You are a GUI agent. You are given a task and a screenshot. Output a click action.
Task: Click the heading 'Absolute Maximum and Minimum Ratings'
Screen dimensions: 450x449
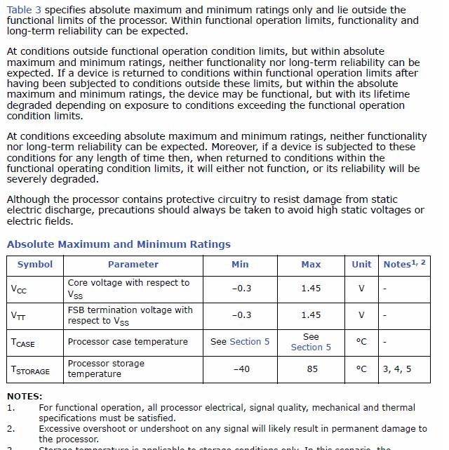click(119, 244)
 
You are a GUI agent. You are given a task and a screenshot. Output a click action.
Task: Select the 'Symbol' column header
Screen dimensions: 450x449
click(35, 265)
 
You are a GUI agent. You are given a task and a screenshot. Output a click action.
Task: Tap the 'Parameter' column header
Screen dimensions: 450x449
click(133, 265)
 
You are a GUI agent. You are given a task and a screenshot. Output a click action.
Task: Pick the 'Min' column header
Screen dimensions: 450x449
click(240, 265)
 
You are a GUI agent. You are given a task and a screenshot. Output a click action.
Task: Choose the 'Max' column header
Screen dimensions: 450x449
click(311, 265)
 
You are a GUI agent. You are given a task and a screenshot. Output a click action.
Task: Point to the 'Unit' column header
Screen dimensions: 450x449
click(361, 265)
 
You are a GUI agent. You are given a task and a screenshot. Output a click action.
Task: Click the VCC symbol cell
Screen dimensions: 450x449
click(19, 289)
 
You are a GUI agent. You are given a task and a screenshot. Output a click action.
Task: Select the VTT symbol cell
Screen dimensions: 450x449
click(19, 316)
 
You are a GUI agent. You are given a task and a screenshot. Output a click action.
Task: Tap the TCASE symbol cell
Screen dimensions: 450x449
click(23, 343)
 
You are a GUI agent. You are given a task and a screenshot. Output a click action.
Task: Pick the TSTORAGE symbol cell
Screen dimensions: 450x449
click(30, 370)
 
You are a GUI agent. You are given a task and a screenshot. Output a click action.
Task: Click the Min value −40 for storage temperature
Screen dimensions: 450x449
click(240, 369)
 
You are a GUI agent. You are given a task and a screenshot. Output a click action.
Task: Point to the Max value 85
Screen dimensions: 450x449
click(311, 369)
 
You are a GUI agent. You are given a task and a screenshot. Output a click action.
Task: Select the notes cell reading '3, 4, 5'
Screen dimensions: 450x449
click(397, 369)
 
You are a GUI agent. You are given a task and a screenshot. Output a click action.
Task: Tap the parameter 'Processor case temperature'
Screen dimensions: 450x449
click(128, 342)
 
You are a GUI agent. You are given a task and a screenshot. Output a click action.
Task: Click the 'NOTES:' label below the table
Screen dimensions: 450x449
click(25, 397)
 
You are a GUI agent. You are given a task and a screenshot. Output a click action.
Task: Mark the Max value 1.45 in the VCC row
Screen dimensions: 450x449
click(311, 289)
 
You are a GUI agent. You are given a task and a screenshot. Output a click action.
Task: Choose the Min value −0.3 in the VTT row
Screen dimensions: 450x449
click(241, 315)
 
